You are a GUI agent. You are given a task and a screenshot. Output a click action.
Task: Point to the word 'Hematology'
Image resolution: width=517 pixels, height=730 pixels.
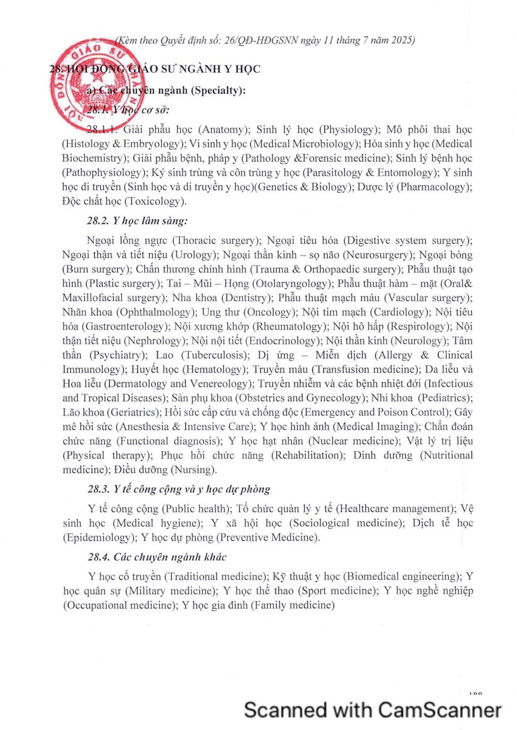click(x=195, y=369)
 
